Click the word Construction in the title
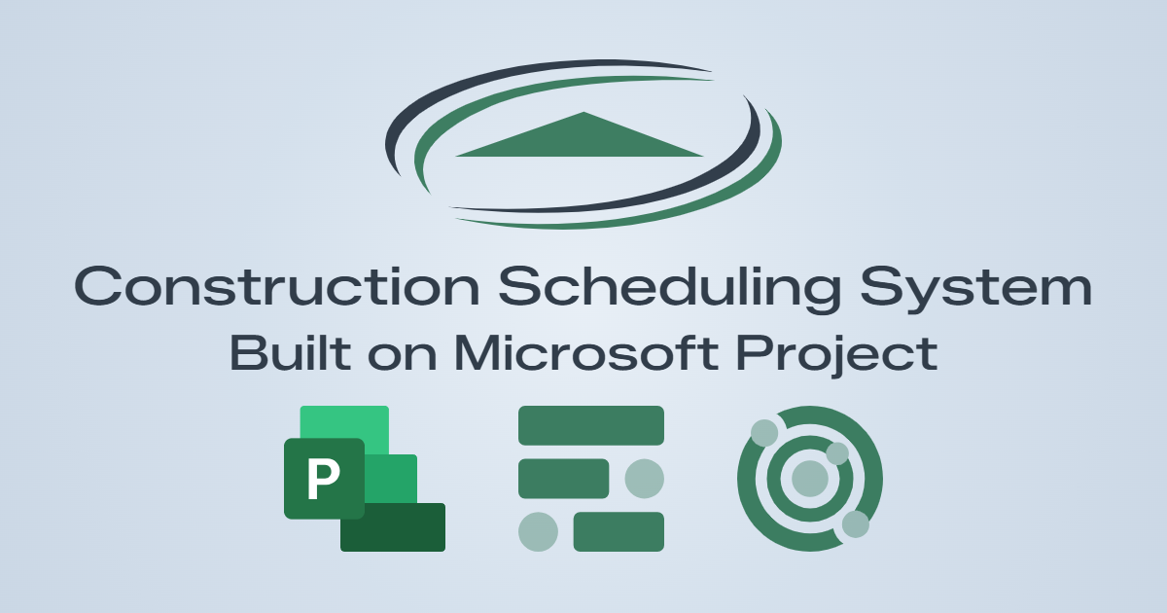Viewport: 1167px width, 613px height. pos(276,286)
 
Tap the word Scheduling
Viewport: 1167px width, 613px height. pos(670,289)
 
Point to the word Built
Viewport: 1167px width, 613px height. pos(290,353)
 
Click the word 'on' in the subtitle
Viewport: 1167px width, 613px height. pos(403,356)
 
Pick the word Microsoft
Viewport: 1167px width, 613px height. pos(586,353)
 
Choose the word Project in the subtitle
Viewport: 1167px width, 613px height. pos(837,356)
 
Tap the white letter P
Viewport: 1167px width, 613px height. pos(323,478)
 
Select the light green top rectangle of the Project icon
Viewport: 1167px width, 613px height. pos(344,421)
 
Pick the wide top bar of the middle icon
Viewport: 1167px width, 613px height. pos(591,425)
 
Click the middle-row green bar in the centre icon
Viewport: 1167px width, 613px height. pos(564,479)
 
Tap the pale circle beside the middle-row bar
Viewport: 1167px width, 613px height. pos(645,479)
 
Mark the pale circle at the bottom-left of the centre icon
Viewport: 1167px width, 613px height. pos(538,531)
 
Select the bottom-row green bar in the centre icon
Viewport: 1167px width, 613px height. pos(619,531)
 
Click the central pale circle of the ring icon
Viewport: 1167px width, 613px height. pos(810,479)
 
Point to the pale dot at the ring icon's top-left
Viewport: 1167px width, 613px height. pos(764,433)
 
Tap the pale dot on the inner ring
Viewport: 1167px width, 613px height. pos(837,453)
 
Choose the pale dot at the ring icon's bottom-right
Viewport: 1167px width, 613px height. pos(856,523)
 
